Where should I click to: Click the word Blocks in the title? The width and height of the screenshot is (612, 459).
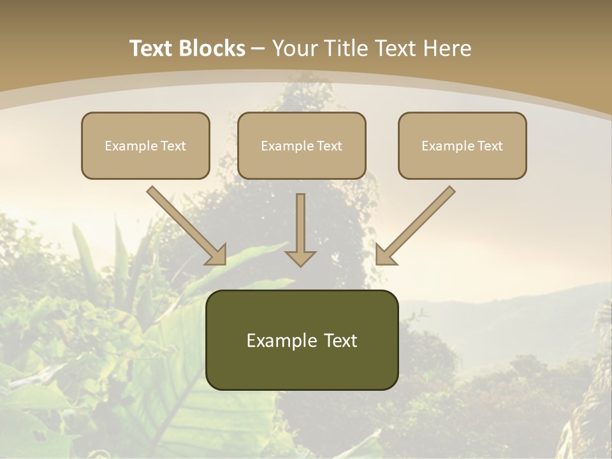coord(212,48)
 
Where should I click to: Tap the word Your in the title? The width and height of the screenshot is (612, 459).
coord(295,48)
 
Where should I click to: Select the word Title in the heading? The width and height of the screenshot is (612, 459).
coord(346,48)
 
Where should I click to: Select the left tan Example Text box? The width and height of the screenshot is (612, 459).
coord(145,145)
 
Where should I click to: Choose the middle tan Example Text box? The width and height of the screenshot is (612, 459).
coord(302,145)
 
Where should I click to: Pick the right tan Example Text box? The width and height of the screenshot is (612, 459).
coord(462,145)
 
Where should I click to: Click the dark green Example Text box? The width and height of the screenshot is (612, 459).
coord(302,340)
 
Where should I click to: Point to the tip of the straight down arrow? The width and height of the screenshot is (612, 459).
coord(300,265)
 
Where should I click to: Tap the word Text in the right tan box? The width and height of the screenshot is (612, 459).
coord(490,146)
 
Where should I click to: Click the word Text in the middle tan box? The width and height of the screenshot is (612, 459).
coord(330,146)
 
